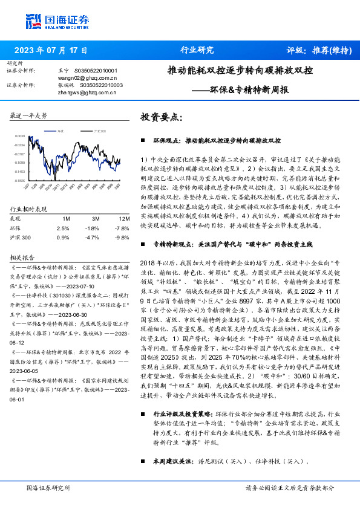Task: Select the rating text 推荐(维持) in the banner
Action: point(332,50)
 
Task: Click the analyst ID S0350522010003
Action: point(99,85)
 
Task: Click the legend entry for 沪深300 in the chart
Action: point(98,131)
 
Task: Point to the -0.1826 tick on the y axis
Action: point(20,180)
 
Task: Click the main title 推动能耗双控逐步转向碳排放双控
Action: point(240,71)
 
